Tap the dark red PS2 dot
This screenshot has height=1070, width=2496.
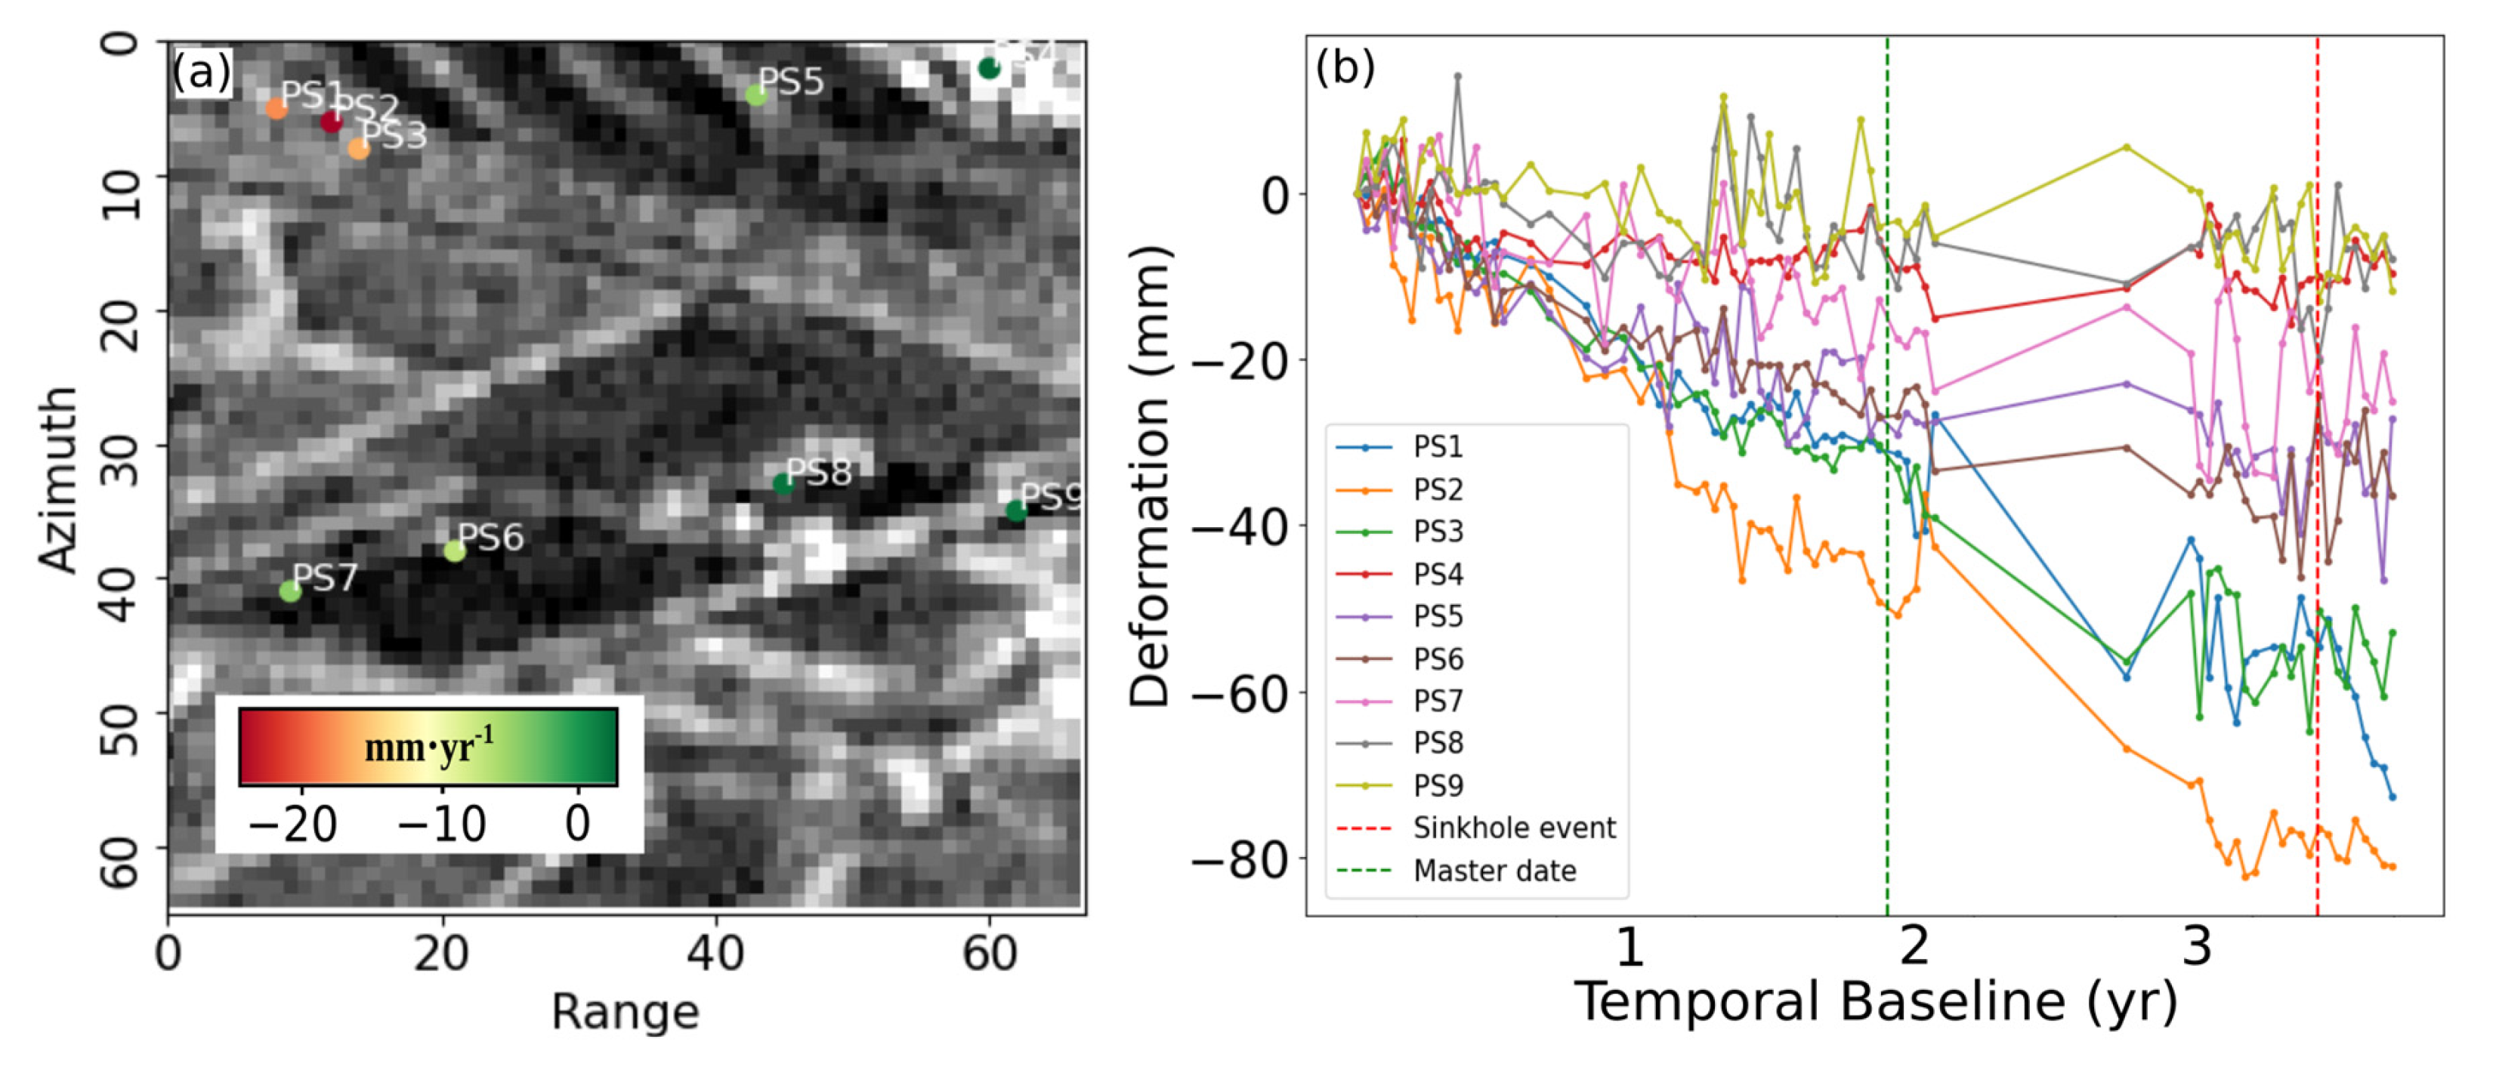332,122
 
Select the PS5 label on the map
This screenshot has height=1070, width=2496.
791,82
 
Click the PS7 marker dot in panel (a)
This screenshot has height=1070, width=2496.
290,591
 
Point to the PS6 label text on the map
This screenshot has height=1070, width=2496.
490,536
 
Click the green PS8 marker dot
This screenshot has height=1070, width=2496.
783,483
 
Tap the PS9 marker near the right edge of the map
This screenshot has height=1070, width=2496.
1015,510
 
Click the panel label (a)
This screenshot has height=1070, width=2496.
202,72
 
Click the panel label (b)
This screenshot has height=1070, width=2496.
1344,66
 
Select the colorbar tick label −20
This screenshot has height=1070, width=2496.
292,824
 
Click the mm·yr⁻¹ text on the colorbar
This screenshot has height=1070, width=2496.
428,747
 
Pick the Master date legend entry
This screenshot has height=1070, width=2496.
1494,871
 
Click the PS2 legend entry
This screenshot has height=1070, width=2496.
1437,489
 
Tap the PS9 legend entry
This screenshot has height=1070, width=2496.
1437,785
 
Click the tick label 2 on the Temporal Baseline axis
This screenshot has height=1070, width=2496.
1914,946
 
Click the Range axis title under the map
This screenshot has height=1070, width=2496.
625,1013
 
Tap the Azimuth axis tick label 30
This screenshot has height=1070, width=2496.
120,446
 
